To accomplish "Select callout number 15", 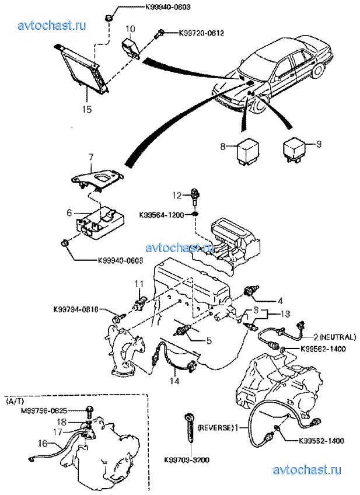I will point(87,109).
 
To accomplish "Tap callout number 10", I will point(130,28).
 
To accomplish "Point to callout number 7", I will point(91,157).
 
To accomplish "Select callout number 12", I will point(176,194).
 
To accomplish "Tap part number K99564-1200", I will point(164,215).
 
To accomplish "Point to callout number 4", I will point(279,301).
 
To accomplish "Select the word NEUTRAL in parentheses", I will point(336,337).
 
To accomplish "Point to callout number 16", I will point(40,444).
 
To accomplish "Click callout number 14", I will point(173,381).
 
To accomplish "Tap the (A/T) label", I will point(13,402).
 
